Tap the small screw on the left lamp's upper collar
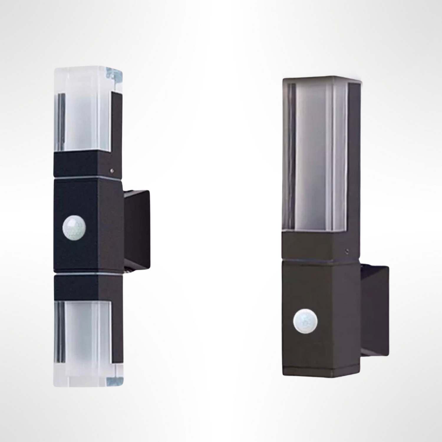click(112, 170)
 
